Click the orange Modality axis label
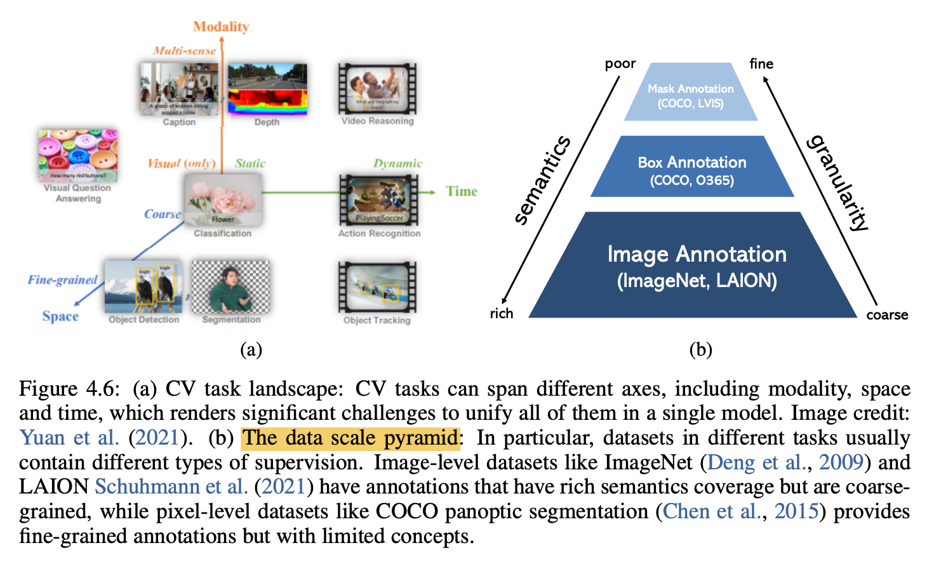(x=221, y=27)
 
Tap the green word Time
(x=461, y=191)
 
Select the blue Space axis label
(x=60, y=316)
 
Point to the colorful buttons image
(x=78, y=155)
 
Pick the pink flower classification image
(x=223, y=200)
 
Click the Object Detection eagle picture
(x=143, y=286)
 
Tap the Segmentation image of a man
(x=230, y=286)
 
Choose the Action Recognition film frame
(x=379, y=200)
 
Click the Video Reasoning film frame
(x=377, y=88)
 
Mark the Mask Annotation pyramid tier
(x=691, y=95)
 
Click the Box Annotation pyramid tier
(x=692, y=170)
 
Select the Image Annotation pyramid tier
(x=697, y=267)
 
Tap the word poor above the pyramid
(x=620, y=64)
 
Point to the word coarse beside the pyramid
(x=887, y=315)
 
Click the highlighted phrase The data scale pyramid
(x=350, y=438)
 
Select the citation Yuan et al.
(x=70, y=438)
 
